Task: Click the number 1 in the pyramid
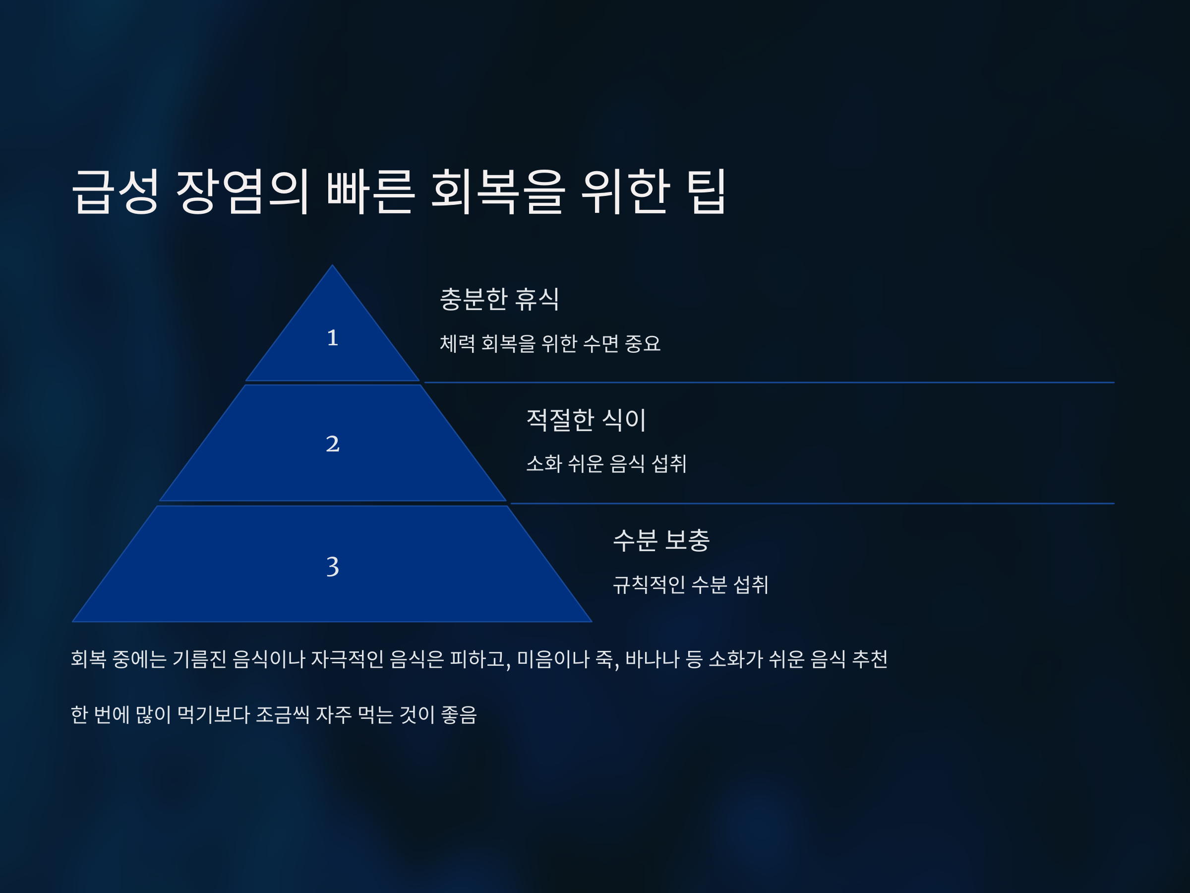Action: point(333,337)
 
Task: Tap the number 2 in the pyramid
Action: point(333,444)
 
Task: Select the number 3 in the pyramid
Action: point(333,566)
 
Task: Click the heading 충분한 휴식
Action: point(499,299)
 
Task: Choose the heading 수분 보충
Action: point(661,540)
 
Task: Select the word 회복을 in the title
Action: point(498,191)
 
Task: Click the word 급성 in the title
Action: point(116,191)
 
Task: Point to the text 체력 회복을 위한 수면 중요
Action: point(550,343)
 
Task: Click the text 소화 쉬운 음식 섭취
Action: point(606,463)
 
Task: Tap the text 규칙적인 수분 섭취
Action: point(691,584)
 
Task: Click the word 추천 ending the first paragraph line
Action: point(870,659)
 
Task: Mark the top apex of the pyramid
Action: point(333,266)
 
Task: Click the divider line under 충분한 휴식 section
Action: point(770,383)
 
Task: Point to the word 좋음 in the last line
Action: point(459,715)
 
